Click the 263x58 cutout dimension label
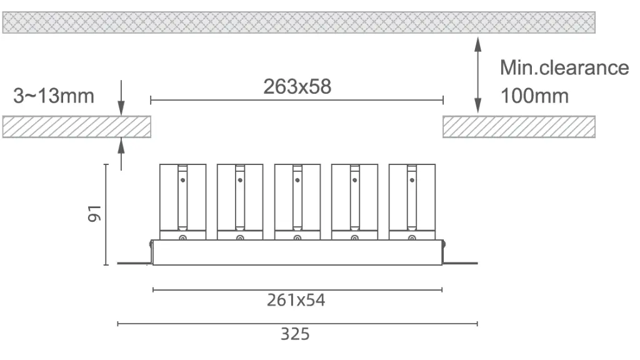[x=297, y=87]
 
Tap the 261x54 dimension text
[x=296, y=301]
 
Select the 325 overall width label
[x=294, y=334]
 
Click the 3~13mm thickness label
[x=54, y=96]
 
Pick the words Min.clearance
[x=564, y=67]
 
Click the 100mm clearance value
[x=534, y=96]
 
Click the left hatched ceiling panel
[x=77, y=127]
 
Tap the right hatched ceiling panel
[x=519, y=127]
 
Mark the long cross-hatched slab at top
[x=299, y=22]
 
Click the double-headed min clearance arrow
[x=478, y=74]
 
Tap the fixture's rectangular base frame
[x=297, y=252]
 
